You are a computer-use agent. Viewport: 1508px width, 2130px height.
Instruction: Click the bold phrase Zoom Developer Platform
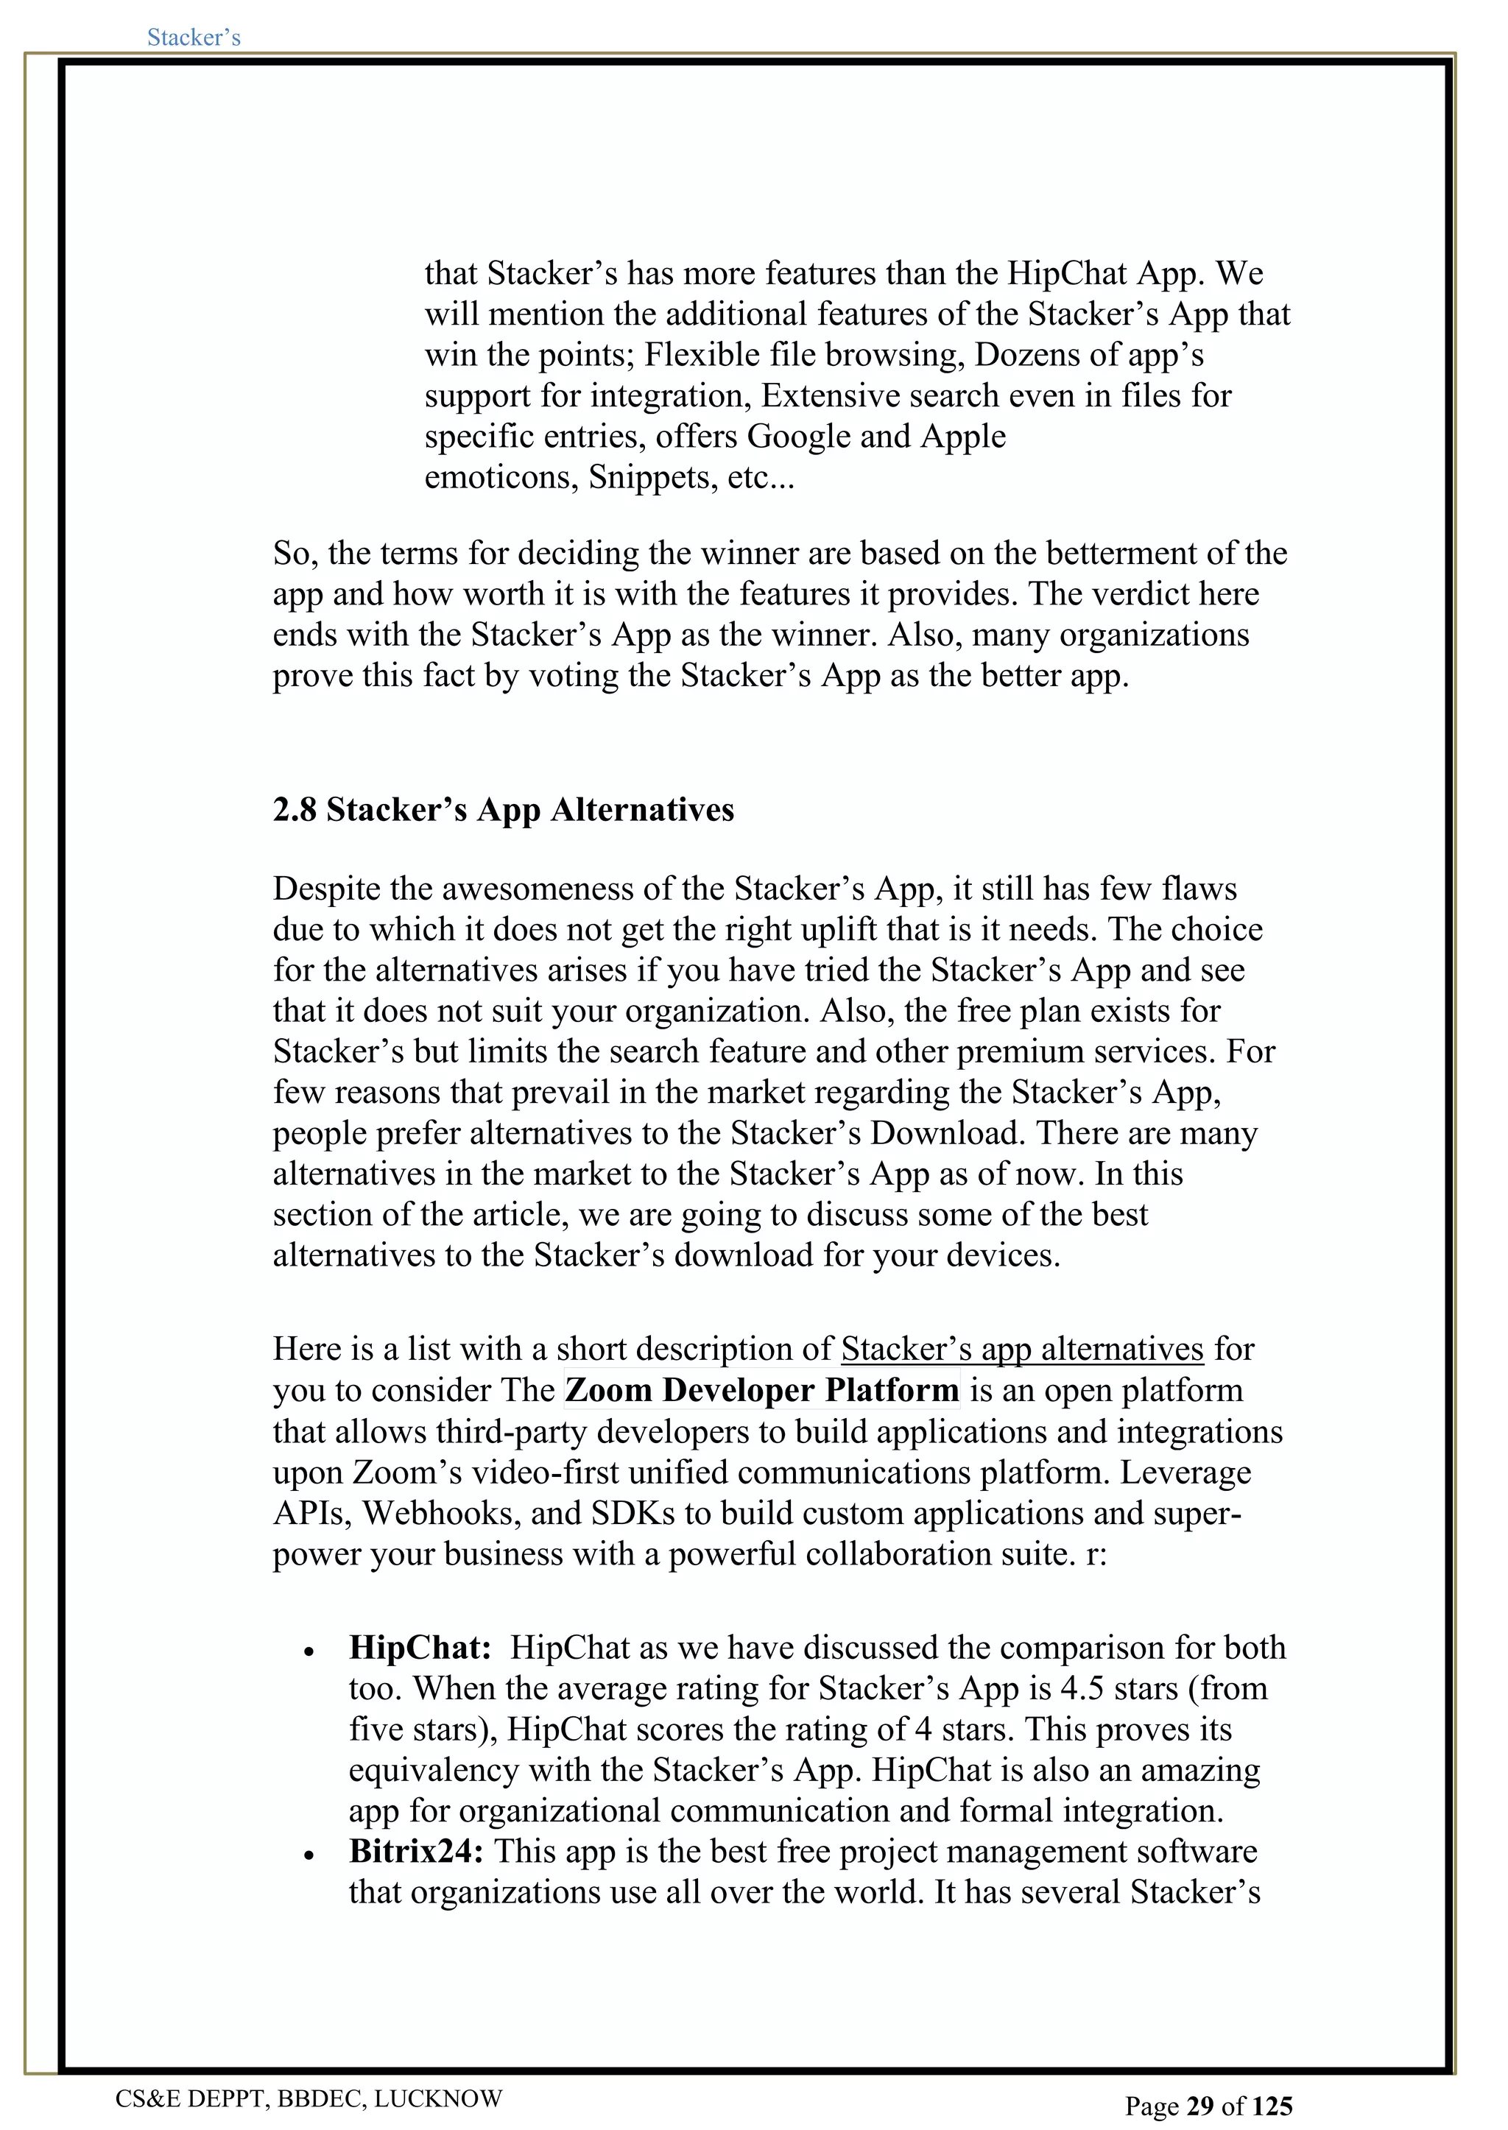pos(761,1390)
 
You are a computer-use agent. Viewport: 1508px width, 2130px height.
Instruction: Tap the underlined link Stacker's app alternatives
pos(1021,1349)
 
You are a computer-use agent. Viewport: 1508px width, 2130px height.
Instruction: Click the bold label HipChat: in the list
pos(420,1647)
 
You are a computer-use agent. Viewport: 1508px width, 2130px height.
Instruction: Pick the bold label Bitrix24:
pos(415,1852)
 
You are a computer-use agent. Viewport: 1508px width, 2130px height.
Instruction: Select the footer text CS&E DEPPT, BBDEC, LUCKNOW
pos(309,2098)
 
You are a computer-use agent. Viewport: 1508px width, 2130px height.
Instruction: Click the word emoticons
pos(501,477)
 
